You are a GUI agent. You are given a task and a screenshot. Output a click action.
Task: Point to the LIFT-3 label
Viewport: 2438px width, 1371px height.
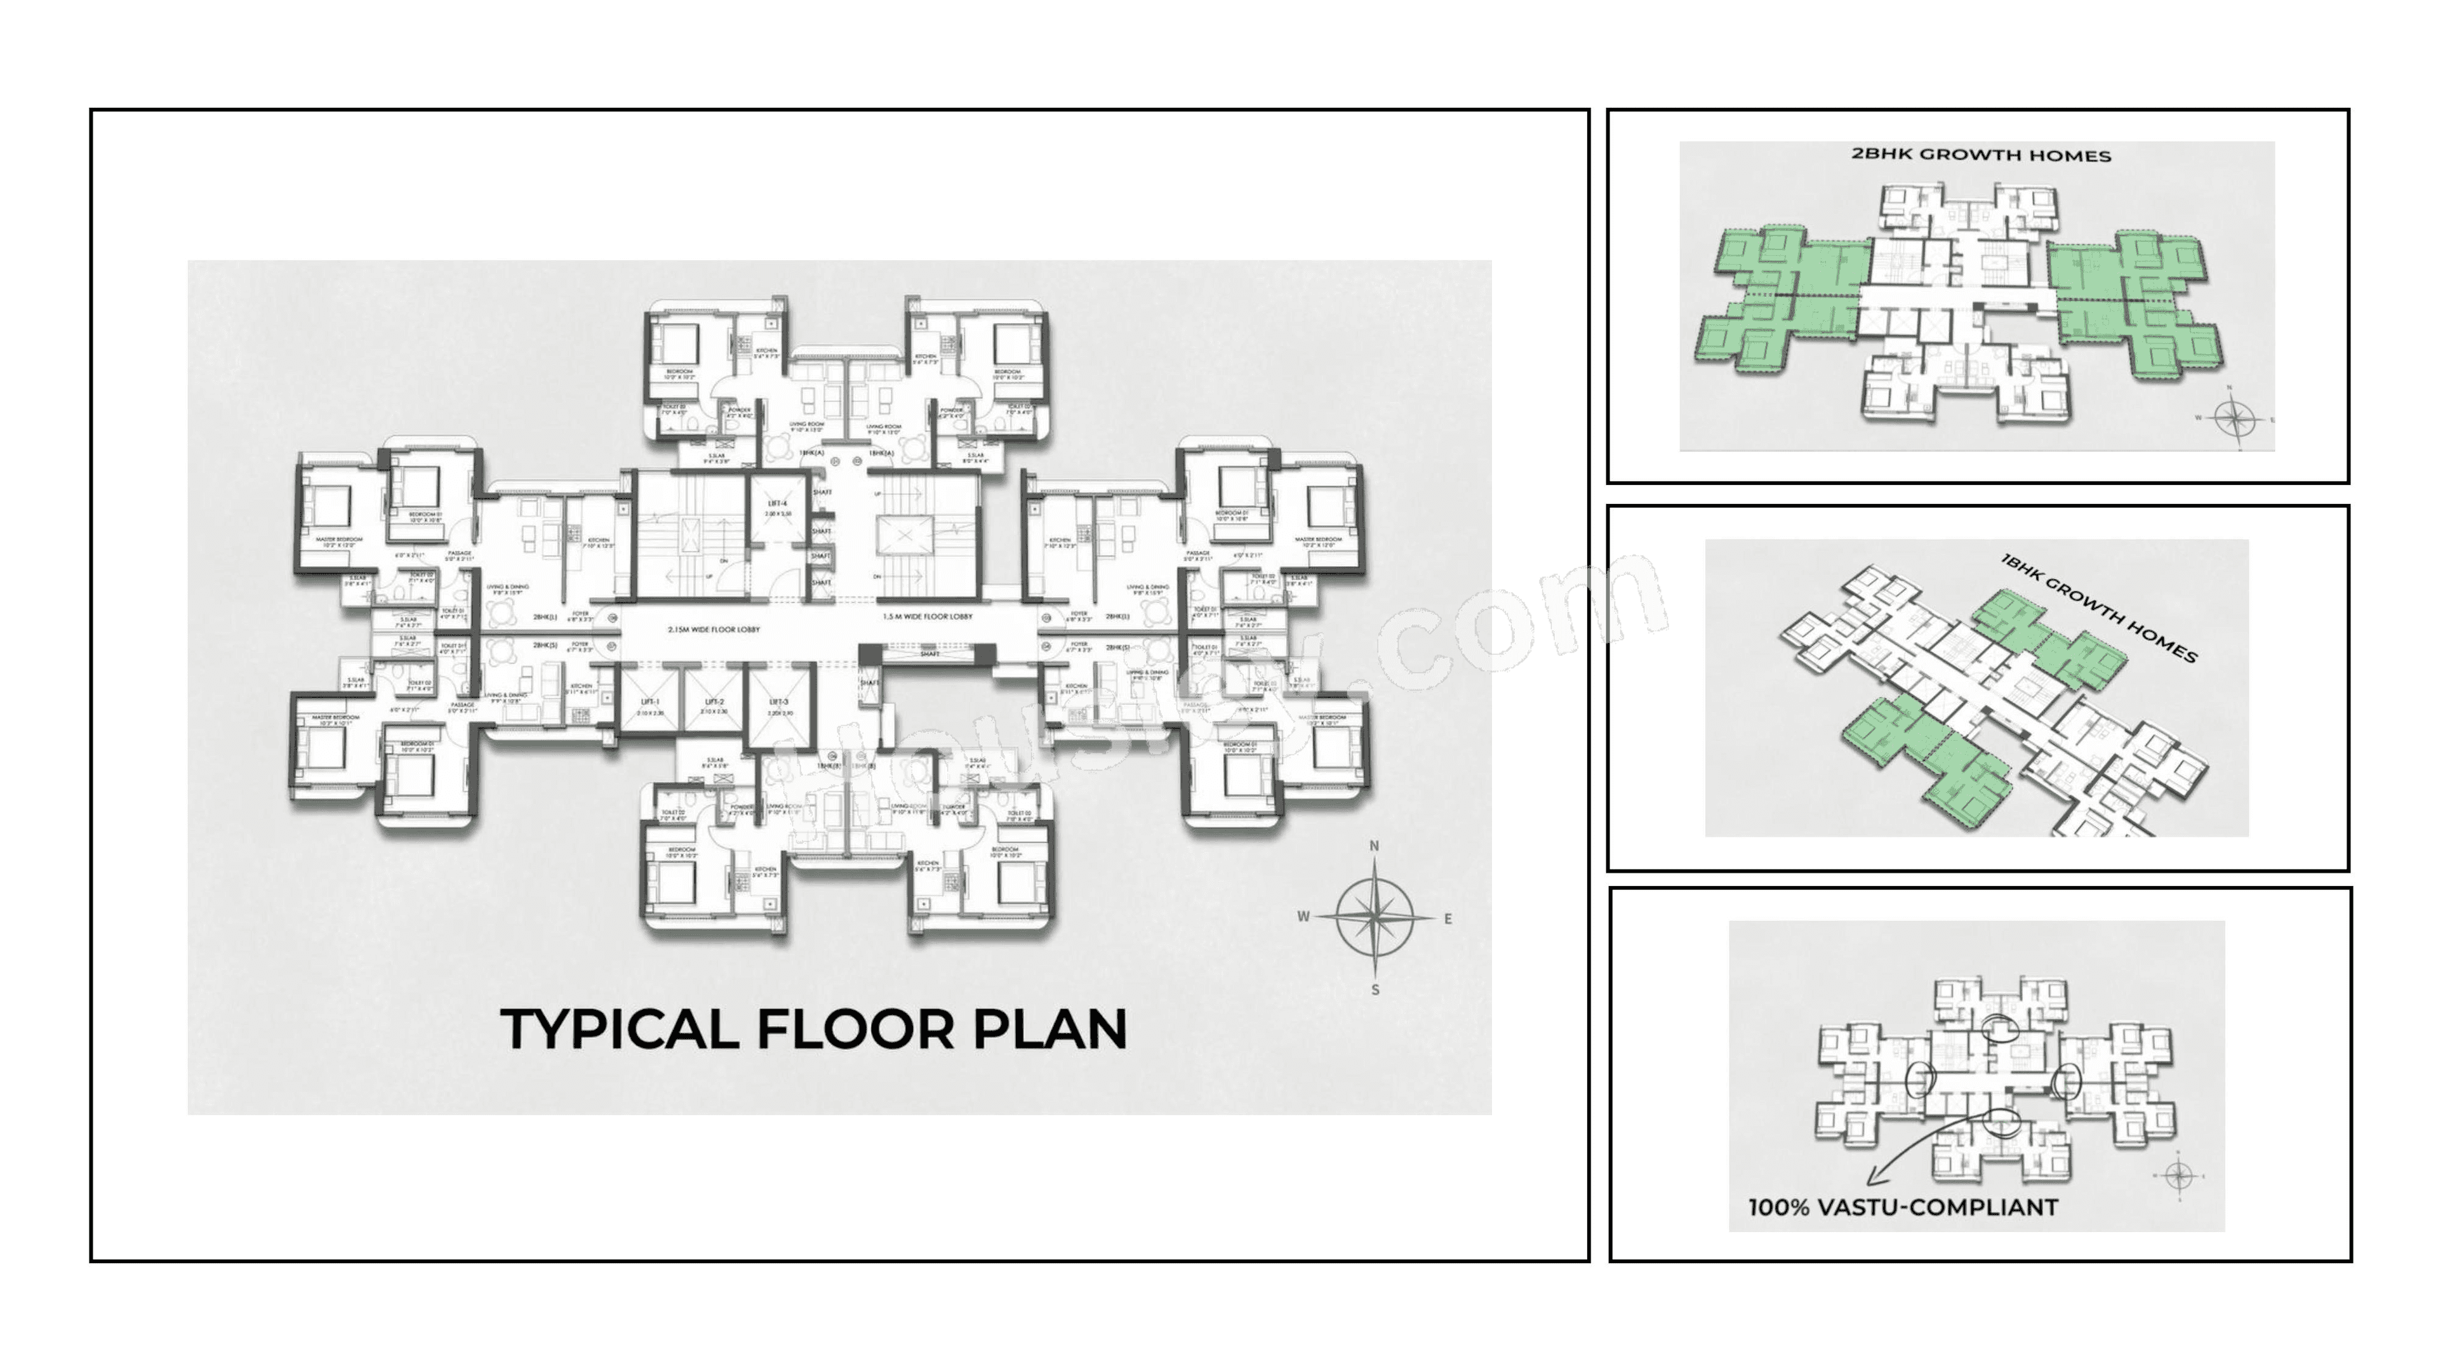778,701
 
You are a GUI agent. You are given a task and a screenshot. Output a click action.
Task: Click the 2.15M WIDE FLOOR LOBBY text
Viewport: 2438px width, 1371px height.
714,629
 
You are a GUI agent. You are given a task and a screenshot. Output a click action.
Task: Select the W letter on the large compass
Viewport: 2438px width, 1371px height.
1303,916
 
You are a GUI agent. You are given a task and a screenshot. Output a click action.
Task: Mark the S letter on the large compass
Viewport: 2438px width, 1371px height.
1375,990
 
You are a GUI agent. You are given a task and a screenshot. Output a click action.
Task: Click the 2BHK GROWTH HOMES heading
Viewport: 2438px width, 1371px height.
1981,155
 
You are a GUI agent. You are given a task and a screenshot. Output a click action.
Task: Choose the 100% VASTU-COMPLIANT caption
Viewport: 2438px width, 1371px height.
1902,1207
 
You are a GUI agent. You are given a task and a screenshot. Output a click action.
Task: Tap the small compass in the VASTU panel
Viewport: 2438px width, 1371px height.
2179,1176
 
